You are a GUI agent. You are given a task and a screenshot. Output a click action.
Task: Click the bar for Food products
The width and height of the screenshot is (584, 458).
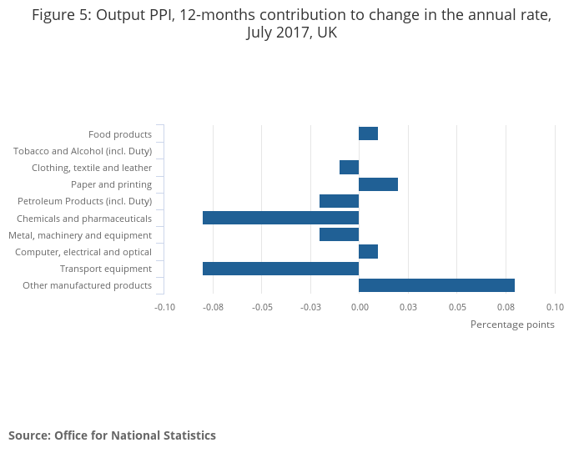click(x=368, y=133)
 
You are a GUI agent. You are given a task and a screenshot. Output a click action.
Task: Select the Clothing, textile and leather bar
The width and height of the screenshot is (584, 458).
click(x=349, y=167)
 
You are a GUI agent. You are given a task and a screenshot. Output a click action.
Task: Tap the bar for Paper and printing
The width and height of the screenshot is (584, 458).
click(x=378, y=184)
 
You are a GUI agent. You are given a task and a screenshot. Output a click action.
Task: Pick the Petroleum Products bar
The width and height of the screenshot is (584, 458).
click(x=339, y=201)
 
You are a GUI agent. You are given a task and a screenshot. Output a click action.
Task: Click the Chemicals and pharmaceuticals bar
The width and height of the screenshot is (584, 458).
click(x=280, y=218)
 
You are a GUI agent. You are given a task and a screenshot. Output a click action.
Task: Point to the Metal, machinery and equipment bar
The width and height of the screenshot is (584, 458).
click(x=339, y=234)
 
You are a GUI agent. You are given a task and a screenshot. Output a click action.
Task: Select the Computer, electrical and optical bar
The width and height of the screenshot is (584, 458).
click(x=368, y=251)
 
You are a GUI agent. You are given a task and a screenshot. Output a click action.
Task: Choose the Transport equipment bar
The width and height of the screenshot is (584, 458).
click(x=280, y=269)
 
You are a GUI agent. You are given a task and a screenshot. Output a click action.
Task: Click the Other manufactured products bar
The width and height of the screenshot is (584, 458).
click(x=436, y=285)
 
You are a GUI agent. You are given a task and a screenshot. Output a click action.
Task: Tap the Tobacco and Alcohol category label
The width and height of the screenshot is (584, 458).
click(x=83, y=151)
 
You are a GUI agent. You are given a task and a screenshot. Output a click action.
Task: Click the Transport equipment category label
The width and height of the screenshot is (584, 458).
click(x=106, y=269)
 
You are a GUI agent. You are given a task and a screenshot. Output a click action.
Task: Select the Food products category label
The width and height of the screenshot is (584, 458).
click(x=120, y=134)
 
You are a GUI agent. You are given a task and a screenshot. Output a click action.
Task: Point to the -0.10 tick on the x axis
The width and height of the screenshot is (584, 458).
click(x=165, y=307)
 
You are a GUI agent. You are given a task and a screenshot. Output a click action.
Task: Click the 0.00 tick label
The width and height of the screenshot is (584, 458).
click(x=360, y=307)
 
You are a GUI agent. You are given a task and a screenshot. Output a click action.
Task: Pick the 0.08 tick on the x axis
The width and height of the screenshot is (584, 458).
click(x=506, y=307)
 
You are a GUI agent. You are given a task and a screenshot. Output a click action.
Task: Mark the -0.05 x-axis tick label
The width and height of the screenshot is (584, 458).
click(x=262, y=307)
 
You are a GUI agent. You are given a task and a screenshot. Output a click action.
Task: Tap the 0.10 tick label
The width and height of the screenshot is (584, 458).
click(x=555, y=307)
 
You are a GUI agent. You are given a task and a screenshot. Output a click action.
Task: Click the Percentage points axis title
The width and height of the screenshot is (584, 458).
click(x=512, y=325)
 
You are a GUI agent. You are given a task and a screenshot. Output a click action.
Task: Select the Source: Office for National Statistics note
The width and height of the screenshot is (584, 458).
click(x=112, y=435)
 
